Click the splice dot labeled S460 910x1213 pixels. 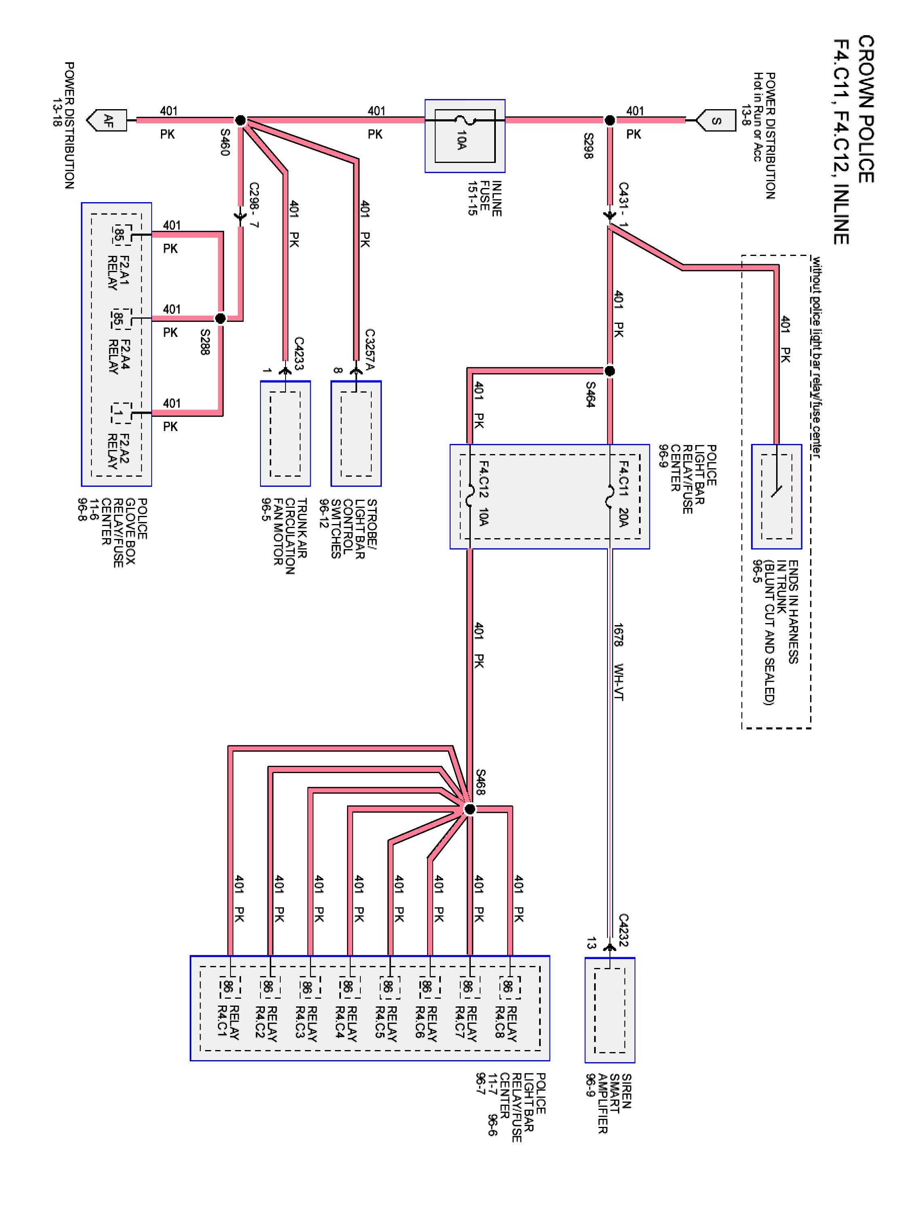tap(240, 120)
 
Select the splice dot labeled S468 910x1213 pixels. tap(469, 809)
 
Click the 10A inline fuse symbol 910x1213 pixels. tap(465, 135)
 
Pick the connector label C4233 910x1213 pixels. tap(299, 354)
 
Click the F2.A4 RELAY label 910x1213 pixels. tap(119, 357)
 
